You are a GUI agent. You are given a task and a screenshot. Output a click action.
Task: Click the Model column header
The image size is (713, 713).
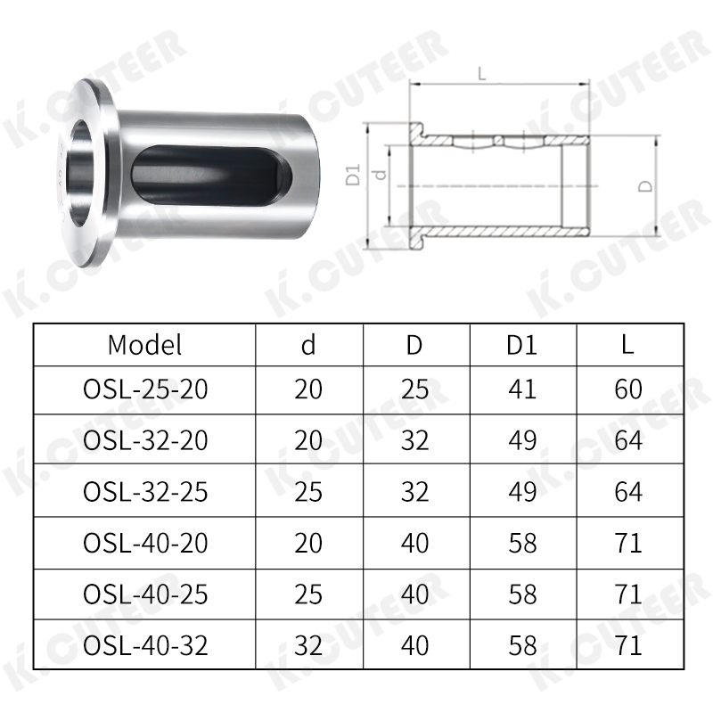tap(144, 344)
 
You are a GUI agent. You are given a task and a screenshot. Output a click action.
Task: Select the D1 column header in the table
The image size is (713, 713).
tap(522, 344)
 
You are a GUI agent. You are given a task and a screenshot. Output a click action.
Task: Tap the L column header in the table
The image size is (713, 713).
tap(628, 344)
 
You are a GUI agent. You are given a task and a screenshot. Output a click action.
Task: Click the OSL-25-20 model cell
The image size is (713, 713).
tap(144, 389)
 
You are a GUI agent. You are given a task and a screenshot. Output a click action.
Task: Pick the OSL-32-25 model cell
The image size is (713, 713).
tap(144, 491)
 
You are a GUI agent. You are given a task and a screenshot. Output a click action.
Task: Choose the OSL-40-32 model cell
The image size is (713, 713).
tap(144, 645)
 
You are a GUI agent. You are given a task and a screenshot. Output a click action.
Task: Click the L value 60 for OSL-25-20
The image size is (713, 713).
tap(628, 389)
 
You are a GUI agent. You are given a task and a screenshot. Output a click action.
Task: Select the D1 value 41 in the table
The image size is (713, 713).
tap(522, 389)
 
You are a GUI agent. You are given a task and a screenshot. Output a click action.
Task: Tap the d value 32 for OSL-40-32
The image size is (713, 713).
tap(308, 645)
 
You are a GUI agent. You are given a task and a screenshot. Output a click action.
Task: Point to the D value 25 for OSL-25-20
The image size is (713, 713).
tap(414, 389)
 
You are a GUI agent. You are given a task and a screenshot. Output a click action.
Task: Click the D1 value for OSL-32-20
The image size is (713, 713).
tap(522, 440)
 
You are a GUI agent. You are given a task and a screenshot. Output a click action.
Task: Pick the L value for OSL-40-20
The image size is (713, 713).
tap(628, 543)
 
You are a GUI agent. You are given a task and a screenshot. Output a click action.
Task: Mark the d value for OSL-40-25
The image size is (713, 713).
tap(308, 594)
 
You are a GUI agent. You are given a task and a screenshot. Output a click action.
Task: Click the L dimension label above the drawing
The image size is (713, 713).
tap(482, 75)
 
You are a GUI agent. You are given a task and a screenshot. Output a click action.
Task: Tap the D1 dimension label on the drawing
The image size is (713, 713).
tap(353, 175)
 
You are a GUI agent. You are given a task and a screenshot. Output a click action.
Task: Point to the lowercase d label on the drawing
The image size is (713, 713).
tap(381, 176)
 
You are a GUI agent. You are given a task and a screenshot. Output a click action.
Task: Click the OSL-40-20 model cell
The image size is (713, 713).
tap(144, 543)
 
